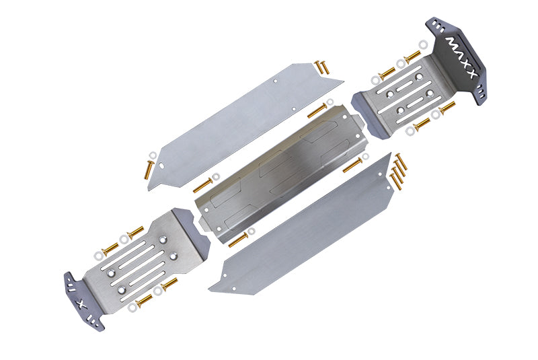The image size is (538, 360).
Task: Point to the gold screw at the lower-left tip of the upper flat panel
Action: point(149,169)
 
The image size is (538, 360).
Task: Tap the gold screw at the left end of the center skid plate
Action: point(202,184)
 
